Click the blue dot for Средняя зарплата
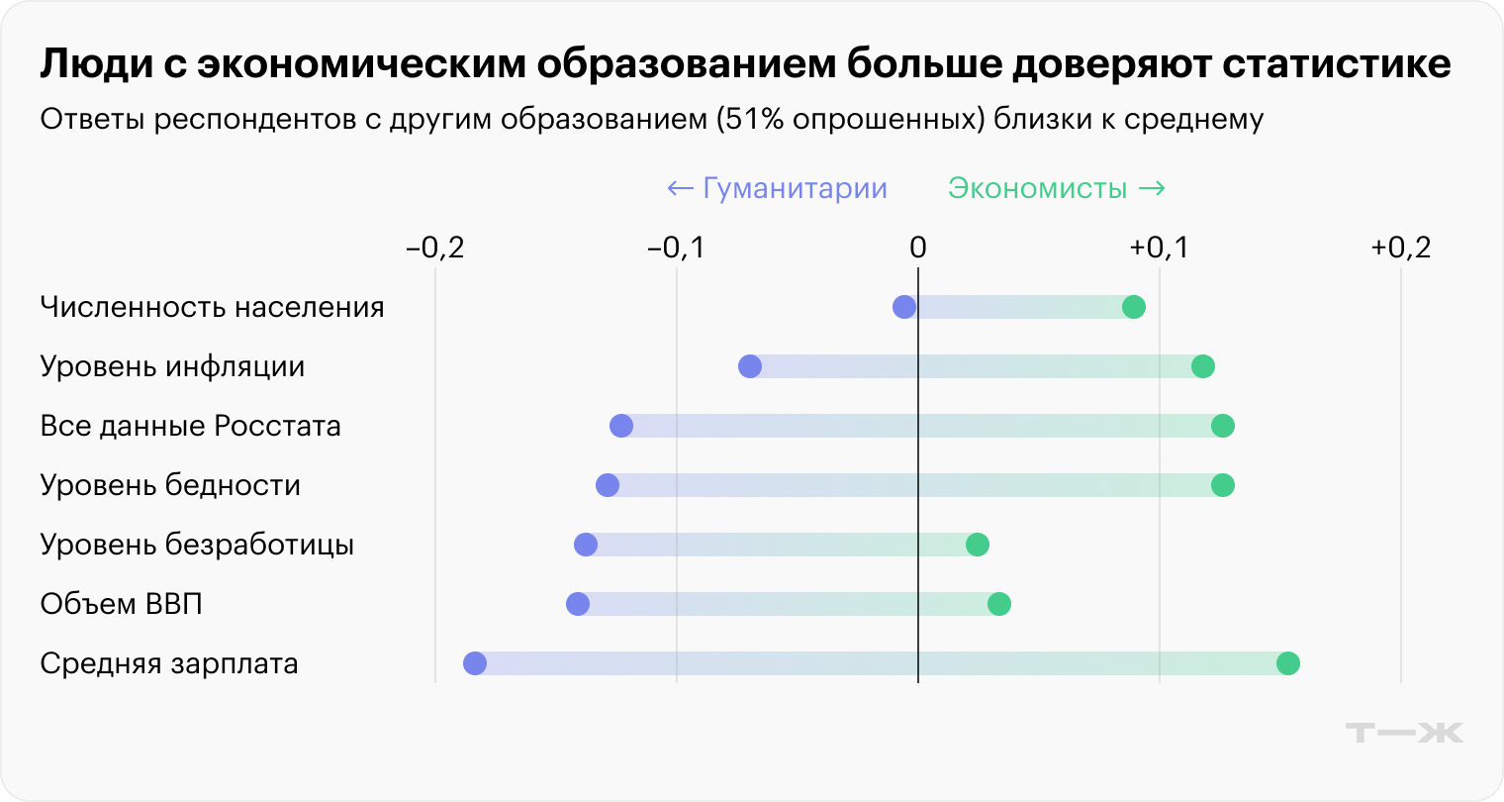tap(475, 663)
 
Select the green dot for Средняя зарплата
tap(1287, 663)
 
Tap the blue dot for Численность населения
tap(904, 307)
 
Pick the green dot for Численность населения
tap(1134, 307)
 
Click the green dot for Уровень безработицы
tap(978, 545)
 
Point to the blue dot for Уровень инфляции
tap(750, 366)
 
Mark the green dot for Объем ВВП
tap(999, 604)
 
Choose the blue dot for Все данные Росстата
tap(621, 426)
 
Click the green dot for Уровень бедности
tap(1223, 485)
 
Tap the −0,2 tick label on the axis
tap(435, 248)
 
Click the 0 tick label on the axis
tap(918, 248)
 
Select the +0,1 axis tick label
tap(1159, 248)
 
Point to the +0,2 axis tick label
tap(1400, 248)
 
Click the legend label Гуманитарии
tap(794, 188)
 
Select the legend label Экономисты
tap(1037, 188)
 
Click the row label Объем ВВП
tap(122, 604)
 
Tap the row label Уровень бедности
tap(170, 485)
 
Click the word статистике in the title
tap(1337, 64)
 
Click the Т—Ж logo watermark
tap(1404, 733)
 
